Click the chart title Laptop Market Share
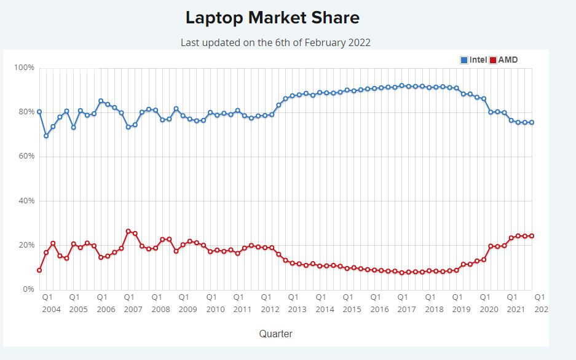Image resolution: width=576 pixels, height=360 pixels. (272, 18)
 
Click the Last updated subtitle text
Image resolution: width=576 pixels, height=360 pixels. (275, 42)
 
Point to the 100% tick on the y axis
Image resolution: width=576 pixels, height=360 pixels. (24, 67)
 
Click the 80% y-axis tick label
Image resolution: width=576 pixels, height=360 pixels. (26, 112)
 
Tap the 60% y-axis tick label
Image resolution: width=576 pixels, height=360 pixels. (26, 156)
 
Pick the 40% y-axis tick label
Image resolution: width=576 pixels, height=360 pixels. (26, 201)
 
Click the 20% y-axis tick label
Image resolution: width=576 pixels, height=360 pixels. (26, 245)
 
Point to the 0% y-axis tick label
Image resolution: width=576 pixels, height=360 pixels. (28, 289)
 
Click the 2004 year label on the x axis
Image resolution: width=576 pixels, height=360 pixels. (52, 309)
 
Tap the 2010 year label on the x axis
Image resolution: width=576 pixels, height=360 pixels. (215, 309)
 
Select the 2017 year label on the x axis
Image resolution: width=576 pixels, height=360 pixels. (407, 309)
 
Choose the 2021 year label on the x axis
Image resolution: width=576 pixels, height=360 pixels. (516, 309)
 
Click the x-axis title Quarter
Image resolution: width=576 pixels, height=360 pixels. (275, 334)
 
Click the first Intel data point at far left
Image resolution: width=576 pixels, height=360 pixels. (39, 112)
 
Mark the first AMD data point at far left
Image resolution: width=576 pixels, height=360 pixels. (39, 270)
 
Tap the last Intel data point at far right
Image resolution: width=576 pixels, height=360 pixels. (532, 122)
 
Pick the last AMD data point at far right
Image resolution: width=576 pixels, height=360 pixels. (532, 236)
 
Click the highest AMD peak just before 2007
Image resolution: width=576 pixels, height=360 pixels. (128, 231)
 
